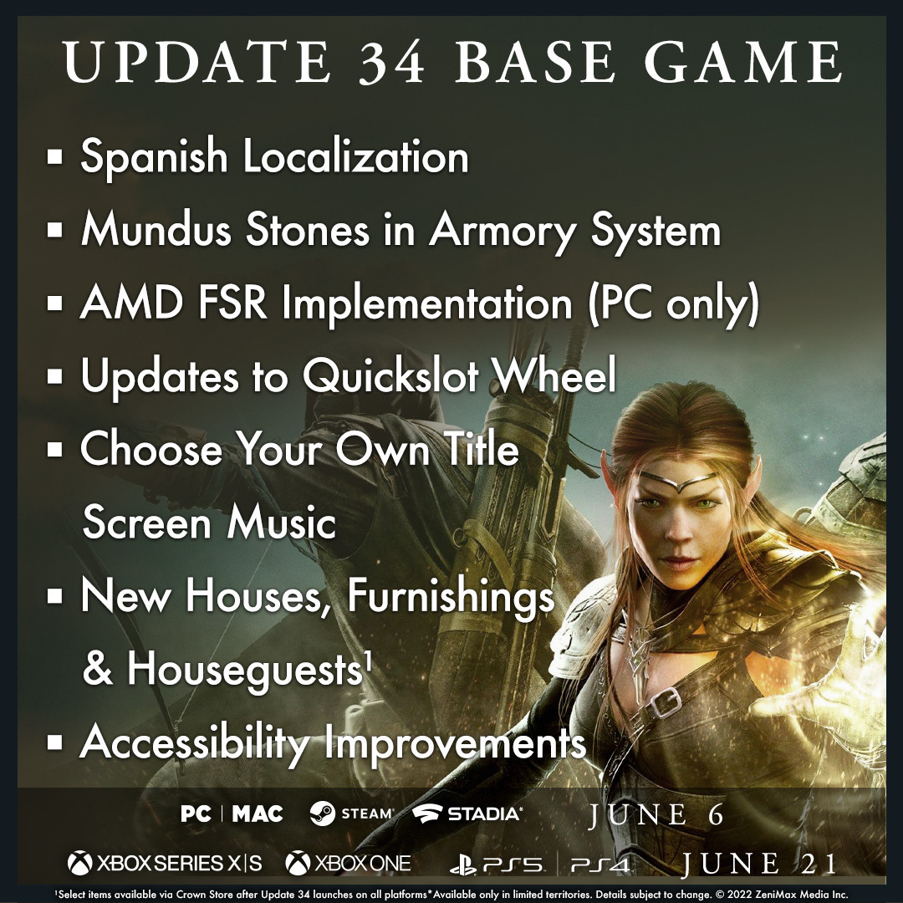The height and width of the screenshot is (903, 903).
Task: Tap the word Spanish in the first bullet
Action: coord(154,156)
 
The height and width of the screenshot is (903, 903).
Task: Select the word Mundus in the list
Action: coord(156,229)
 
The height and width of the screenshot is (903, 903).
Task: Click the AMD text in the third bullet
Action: coord(131,303)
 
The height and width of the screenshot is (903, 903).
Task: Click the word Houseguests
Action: coord(245,670)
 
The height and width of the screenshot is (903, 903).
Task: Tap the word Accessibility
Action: coord(195,743)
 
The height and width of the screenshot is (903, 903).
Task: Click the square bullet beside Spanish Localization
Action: coord(54,156)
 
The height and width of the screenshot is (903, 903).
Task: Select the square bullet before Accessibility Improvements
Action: coord(54,742)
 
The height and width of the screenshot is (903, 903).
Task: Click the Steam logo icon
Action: coord(323,814)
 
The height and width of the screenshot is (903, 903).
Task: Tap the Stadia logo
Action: coord(467,814)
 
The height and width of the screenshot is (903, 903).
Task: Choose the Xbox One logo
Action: coord(349,863)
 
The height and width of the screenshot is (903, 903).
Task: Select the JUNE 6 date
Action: coord(656,815)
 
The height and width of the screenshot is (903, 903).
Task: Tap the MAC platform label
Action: coord(258,814)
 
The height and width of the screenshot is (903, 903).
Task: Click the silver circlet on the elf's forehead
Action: coord(680,482)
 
